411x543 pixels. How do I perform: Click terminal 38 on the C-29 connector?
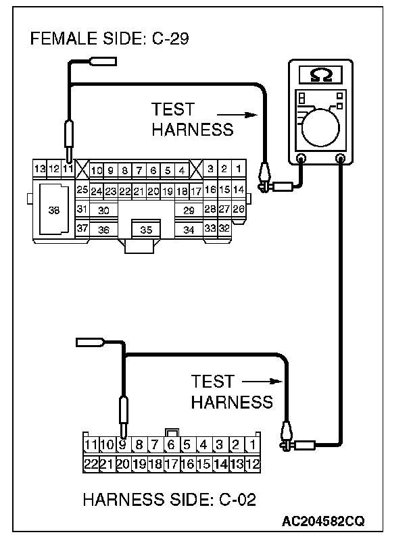coord(54,210)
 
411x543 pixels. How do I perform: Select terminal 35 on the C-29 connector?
coord(146,230)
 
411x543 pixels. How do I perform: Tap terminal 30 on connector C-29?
coord(103,210)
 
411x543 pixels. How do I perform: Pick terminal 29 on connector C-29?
coord(189,210)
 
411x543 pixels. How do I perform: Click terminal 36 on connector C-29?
coord(103,229)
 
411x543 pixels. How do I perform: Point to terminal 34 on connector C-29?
coord(189,230)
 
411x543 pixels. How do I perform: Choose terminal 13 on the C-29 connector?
coord(40,168)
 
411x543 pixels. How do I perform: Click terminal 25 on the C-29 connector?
coord(82,190)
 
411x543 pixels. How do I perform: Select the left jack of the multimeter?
coord(301,159)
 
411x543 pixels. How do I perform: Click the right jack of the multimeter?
coord(340,159)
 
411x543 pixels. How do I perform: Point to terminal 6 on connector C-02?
coord(172,444)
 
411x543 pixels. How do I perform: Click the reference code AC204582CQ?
coord(323,522)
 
